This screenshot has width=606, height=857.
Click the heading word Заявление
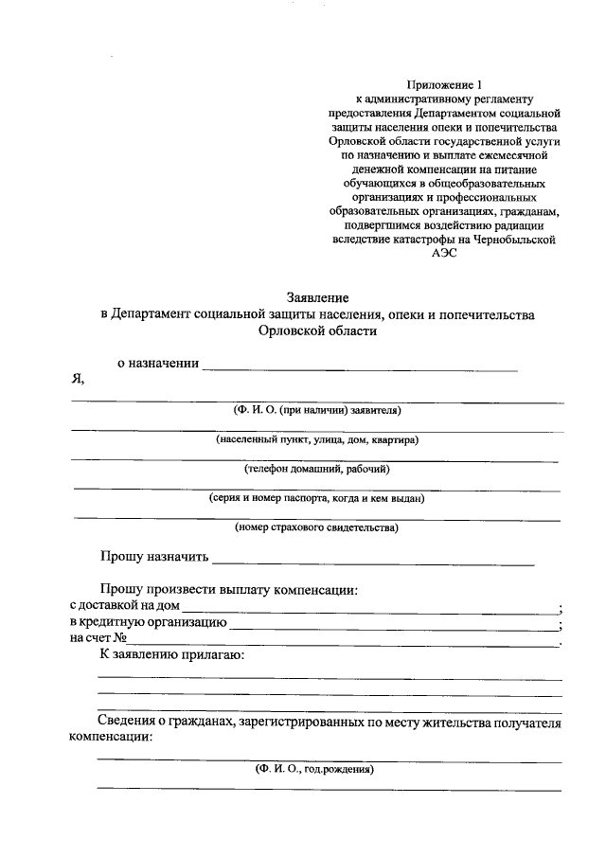click(317, 296)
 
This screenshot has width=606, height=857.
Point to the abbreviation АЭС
click(443, 255)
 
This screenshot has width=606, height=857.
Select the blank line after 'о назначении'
click(360, 366)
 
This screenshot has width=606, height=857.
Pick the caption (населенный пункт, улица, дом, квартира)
click(317, 439)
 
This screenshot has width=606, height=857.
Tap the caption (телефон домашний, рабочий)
click(317, 469)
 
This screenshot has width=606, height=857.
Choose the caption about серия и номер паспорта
click(317, 497)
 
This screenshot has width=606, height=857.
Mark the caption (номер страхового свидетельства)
click(317, 527)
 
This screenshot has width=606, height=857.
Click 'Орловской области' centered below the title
click(317, 330)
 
